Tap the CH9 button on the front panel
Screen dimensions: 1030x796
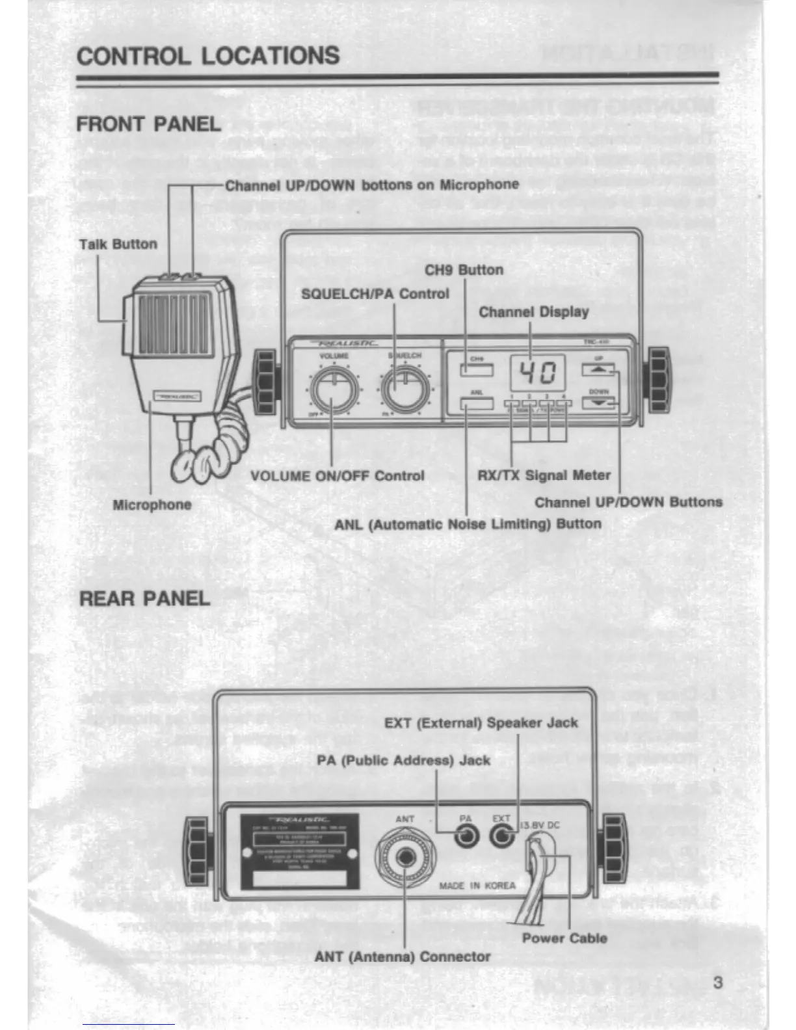tap(477, 369)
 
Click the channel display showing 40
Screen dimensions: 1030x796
tap(537, 373)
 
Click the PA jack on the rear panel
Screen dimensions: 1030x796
tap(466, 836)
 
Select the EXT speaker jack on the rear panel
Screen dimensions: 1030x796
tap(501, 836)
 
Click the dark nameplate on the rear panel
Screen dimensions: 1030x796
tap(300, 851)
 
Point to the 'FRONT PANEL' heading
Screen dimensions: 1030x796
tap(149, 124)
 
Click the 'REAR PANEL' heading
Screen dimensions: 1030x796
tap(144, 598)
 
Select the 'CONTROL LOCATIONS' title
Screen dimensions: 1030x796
tap(208, 56)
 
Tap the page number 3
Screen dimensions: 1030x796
tap(717, 982)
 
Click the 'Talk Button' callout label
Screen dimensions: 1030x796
tap(118, 244)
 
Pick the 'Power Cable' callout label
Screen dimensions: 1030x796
tap(564, 938)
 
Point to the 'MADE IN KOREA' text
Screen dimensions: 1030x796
tap(477, 886)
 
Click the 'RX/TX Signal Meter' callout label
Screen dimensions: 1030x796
tap(544, 475)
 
